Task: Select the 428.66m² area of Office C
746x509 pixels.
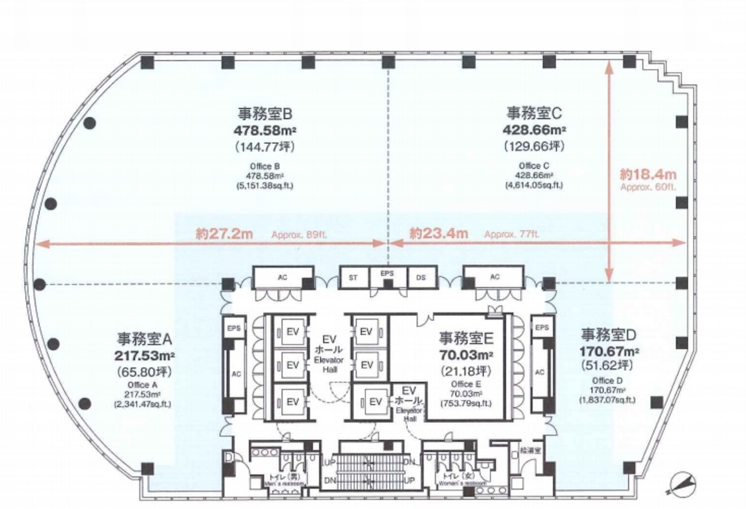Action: coord(534,130)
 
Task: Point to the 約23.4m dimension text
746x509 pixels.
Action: coord(439,234)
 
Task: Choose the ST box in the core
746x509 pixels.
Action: coord(353,277)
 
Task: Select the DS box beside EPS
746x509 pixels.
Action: coord(421,277)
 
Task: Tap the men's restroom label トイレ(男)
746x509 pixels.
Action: coord(277,477)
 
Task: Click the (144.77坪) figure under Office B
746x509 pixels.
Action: coord(264,148)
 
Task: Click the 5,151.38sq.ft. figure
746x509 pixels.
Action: coord(264,185)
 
